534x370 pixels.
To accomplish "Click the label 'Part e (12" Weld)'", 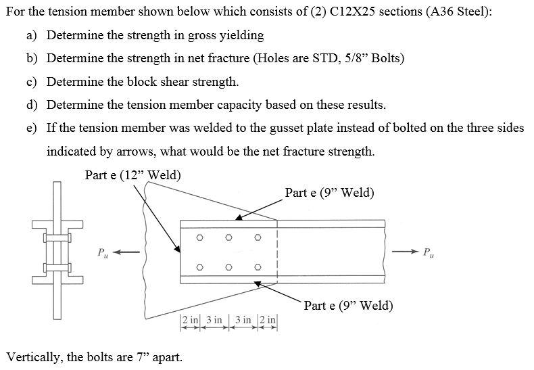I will [x=133, y=175].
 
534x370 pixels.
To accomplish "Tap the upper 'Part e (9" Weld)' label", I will [x=329, y=193].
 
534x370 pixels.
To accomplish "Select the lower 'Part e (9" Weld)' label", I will [x=348, y=306].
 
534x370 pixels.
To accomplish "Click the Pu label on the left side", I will [x=102, y=253].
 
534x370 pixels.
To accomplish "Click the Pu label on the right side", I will [x=427, y=253].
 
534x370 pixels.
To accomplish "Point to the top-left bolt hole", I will [x=199, y=237].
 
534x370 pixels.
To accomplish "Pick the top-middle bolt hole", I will [x=228, y=237].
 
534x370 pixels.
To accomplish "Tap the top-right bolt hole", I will [x=258, y=237].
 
